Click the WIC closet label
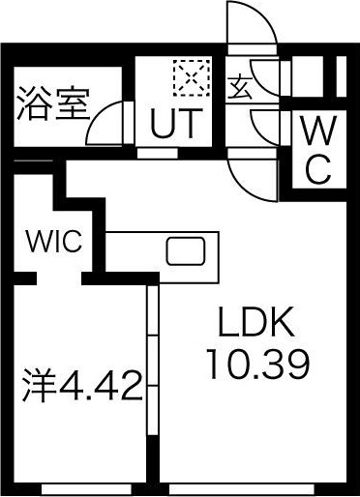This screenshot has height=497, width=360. [53, 240]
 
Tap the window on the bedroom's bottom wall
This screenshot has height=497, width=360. [82, 491]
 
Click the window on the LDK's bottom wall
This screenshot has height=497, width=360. [255, 491]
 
